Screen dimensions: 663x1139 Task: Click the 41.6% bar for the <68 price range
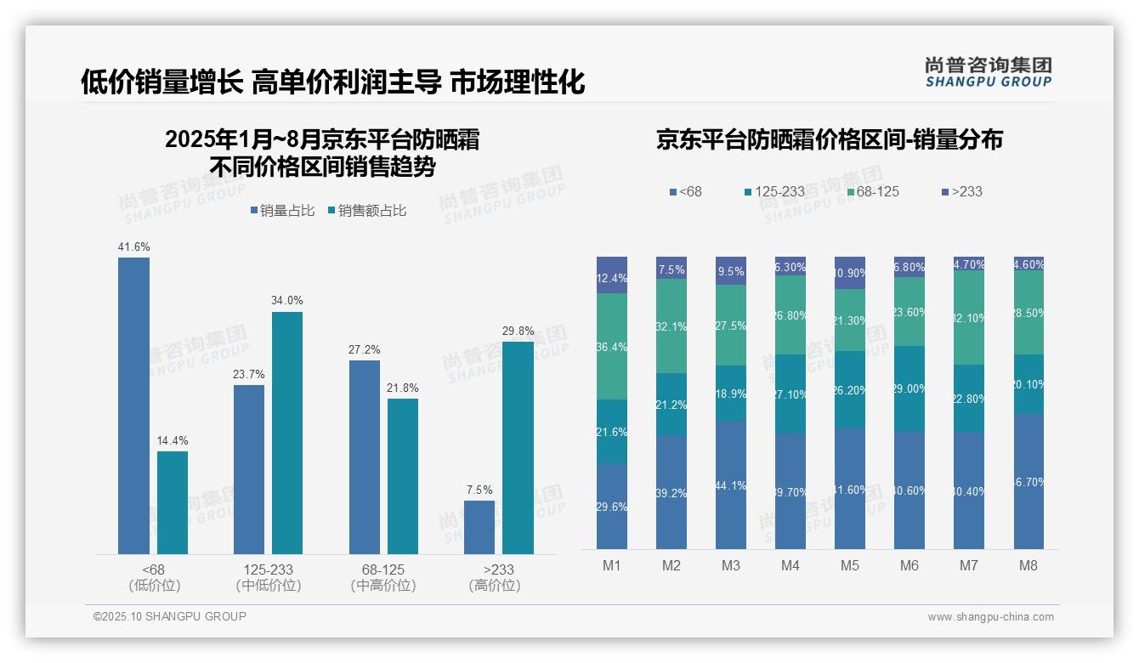point(133,405)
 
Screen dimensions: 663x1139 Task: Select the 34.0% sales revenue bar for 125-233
point(287,433)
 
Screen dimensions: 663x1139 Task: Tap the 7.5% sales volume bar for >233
point(479,527)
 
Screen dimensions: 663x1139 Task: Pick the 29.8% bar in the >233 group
point(518,448)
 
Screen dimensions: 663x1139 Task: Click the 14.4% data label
point(173,440)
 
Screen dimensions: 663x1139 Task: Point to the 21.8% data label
point(403,388)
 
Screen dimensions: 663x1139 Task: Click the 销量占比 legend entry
point(286,211)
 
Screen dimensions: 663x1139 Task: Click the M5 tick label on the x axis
point(850,565)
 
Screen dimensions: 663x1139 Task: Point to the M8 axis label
point(1028,565)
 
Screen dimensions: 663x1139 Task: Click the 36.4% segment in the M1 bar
point(612,346)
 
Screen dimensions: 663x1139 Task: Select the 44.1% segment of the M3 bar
point(731,484)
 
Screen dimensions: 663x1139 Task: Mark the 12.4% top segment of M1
point(612,275)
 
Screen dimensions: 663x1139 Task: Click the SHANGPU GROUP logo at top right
point(988,72)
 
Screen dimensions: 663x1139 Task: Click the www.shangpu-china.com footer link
point(990,617)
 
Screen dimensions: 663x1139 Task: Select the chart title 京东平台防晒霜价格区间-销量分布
point(829,139)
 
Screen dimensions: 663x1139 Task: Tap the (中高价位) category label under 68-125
point(383,586)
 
